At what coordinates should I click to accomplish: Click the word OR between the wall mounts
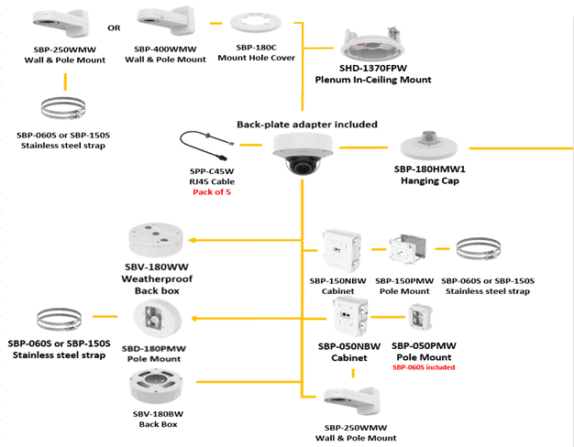(x=114, y=27)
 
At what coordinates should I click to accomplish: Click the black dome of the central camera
(x=303, y=167)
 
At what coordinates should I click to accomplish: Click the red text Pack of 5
(x=210, y=190)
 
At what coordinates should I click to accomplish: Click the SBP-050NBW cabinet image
(x=351, y=317)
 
